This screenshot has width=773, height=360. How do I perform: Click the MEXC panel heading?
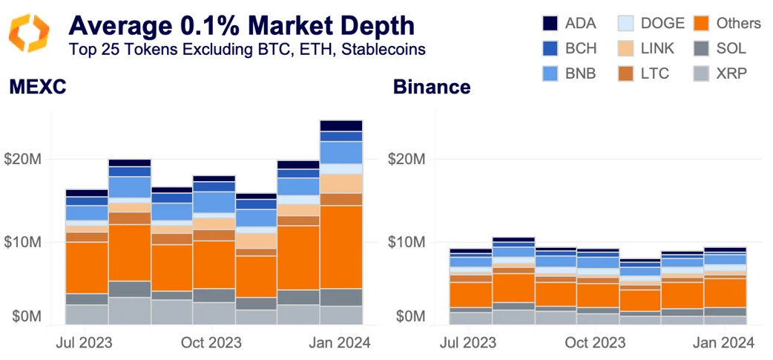38,87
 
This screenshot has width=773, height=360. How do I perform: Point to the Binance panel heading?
431,87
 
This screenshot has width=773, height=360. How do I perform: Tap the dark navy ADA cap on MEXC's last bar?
341,125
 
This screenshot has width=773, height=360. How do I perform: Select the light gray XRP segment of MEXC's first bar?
86,314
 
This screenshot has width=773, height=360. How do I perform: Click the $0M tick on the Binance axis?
409,317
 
